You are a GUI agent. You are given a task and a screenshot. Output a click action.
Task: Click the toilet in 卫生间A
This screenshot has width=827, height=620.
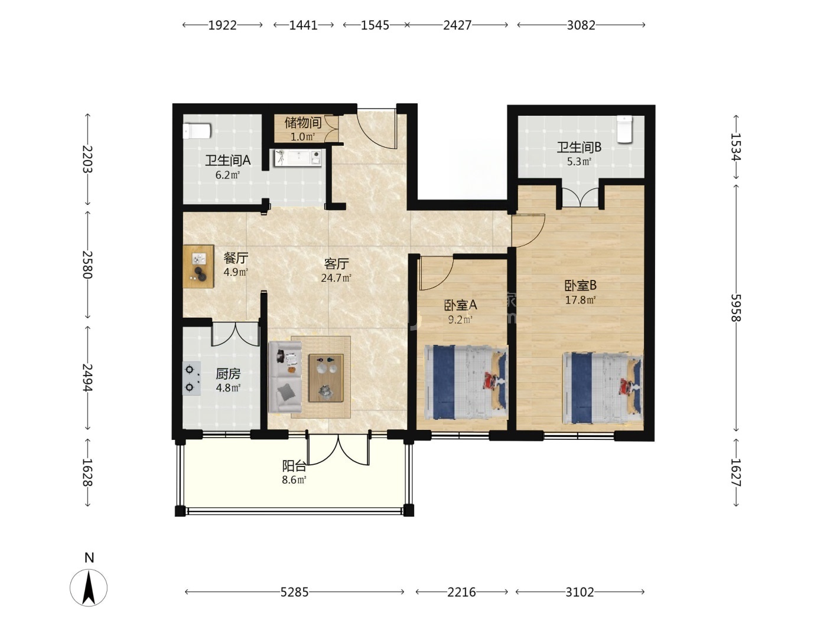click(x=197, y=131)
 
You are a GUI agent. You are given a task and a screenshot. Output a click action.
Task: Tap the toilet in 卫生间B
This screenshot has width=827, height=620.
click(x=624, y=129)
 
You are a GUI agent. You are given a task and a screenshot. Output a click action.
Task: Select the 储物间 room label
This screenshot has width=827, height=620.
click(x=303, y=122)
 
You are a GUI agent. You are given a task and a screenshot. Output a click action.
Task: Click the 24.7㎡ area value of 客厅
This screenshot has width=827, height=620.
click(x=336, y=278)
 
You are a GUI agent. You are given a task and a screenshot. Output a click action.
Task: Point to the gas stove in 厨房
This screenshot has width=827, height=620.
click(x=191, y=378)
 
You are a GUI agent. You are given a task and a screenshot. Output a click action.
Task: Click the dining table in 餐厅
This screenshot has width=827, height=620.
click(x=198, y=266)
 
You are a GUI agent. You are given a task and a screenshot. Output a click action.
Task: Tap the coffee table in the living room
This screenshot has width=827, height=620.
click(x=326, y=378)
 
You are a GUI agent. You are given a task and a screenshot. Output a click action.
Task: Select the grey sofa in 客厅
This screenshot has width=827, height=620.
click(x=285, y=377)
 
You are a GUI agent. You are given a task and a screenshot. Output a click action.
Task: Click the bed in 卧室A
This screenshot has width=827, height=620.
click(x=466, y=382)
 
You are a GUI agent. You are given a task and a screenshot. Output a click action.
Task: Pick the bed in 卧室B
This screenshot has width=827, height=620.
click(x=603, y=388)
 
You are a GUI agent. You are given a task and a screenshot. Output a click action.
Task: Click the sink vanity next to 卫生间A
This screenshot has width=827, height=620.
click(x=298, y=158)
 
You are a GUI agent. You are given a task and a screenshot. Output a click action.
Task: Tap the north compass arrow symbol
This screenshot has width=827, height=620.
click(x=89, y=588)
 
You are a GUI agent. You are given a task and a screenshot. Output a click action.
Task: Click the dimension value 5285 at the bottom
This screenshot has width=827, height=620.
click(x=294, y=592)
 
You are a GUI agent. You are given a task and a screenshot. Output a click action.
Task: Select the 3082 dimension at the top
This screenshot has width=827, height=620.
click(x=581, y=25)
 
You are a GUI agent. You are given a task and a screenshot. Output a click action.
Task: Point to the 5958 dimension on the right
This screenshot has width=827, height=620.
click(x=736, y=308)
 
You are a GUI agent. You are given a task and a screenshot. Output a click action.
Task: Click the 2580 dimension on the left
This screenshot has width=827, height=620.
click(x=87, y=265)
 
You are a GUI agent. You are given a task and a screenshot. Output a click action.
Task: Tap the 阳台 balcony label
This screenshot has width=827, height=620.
click(x=294, y=466)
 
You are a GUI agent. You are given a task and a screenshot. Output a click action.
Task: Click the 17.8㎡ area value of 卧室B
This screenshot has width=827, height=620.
click(x=580, y=300)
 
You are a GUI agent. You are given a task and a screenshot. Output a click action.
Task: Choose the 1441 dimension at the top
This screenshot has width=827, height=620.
click(x=303, y=25)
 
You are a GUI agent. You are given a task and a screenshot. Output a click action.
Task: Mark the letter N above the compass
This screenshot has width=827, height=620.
click(x=89, y=557)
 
